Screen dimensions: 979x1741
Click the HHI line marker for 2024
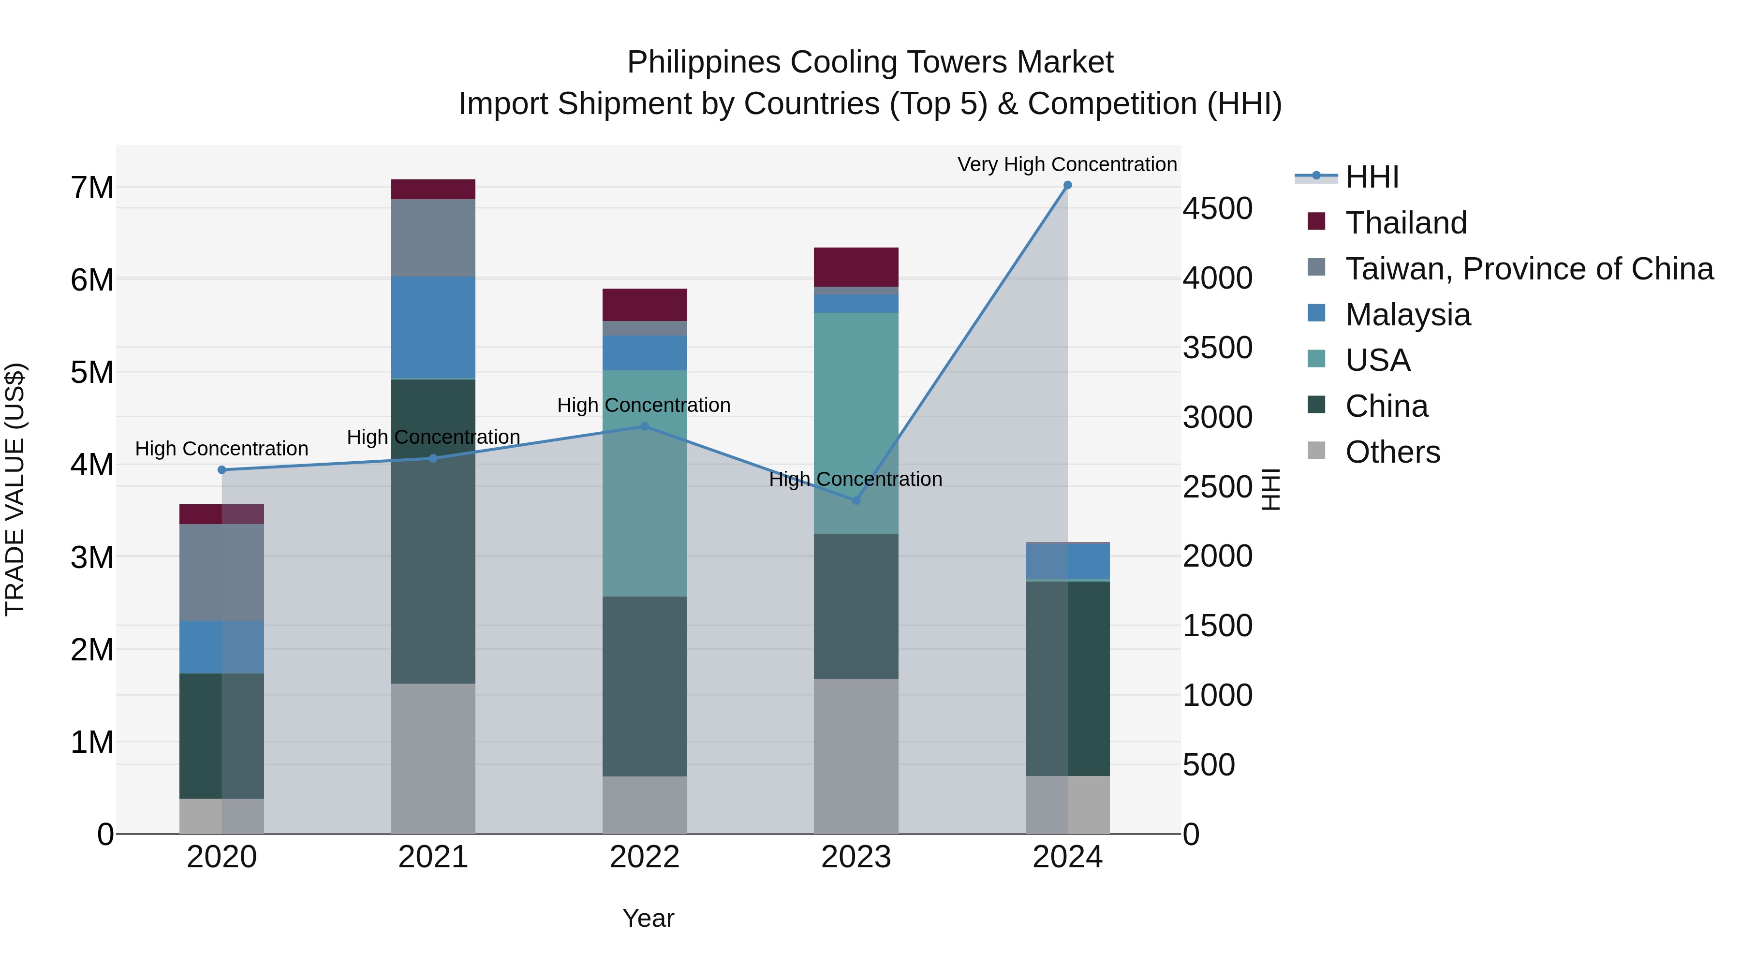(1067, 185)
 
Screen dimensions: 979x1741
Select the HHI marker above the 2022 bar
(644, 426)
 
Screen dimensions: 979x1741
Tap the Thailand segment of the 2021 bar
(433, 189)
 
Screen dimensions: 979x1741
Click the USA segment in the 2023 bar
(856, 423)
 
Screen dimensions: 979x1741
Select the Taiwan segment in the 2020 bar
(221, 572)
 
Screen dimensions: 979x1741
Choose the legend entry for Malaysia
(1407, 314)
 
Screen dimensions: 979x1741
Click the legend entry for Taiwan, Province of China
(1529, 268)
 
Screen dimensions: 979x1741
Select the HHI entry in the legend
(1372, 177)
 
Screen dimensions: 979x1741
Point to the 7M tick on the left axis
(92, 188)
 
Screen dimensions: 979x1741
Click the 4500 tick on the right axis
(1217, 208)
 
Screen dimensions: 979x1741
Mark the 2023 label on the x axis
(856, 857)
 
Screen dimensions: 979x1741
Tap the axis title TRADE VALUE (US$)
(15, 489)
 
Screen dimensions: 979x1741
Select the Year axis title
(648, 918)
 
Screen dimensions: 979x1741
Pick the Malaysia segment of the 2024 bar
(1067, 561)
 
